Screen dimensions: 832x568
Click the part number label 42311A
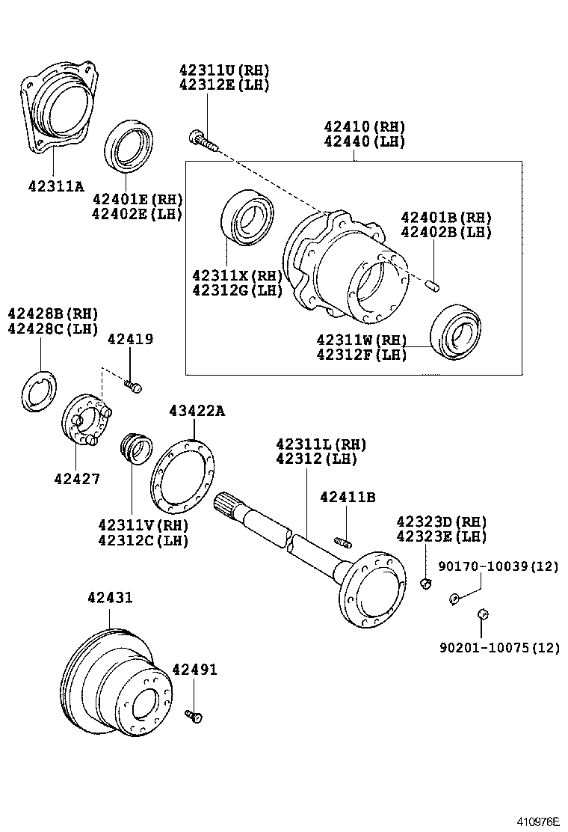coord(56,186)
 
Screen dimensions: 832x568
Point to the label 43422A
coord(196,411)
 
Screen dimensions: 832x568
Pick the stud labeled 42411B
coord(343,542)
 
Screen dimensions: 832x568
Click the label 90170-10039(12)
coord(498,566)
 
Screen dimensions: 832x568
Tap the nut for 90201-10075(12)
coord(483,614)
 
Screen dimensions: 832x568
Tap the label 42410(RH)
coord(364,126)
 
